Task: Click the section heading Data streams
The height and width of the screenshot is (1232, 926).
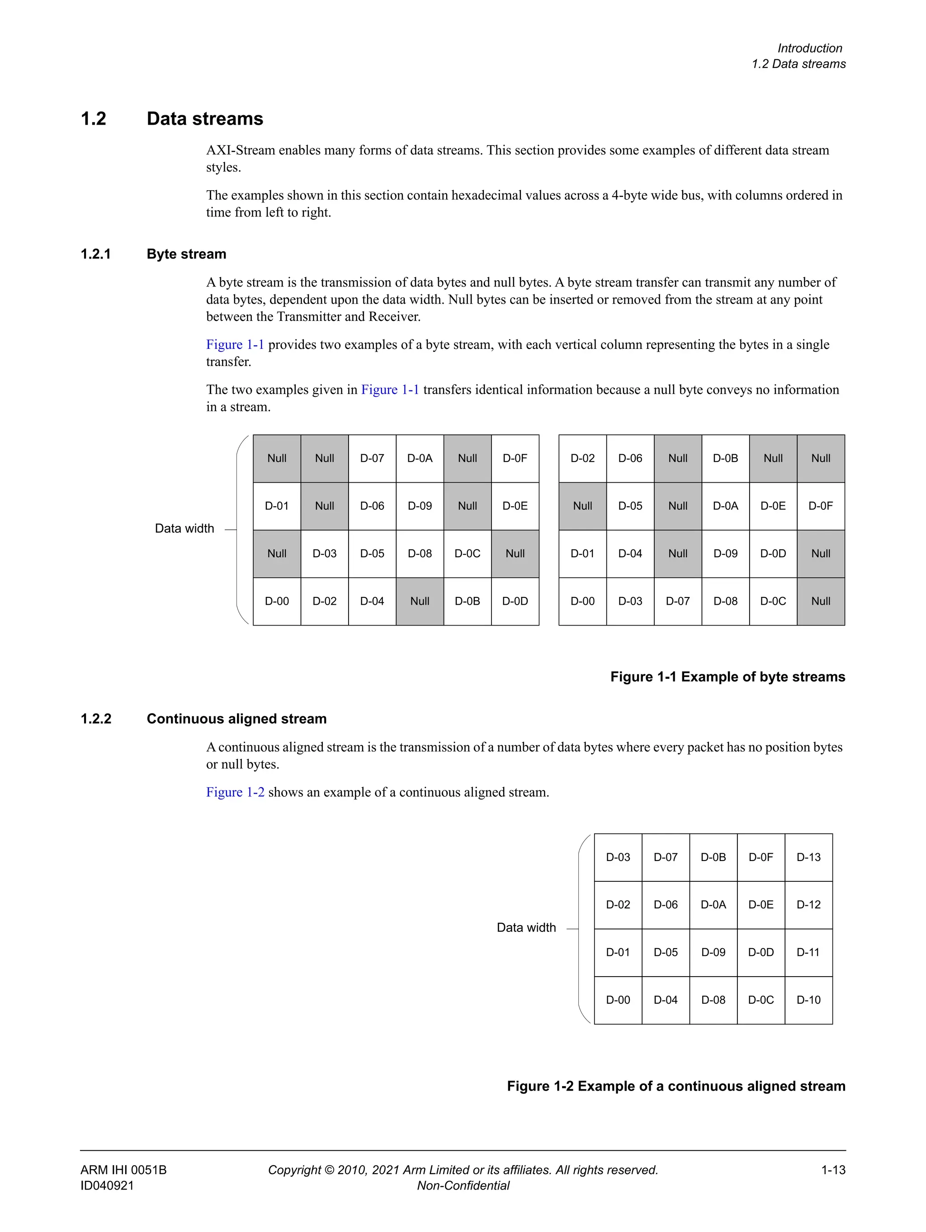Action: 204,118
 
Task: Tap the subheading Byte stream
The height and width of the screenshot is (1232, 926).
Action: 186,254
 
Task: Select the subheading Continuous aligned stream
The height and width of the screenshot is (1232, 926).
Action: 236,719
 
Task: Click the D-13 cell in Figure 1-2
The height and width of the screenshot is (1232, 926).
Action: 808,857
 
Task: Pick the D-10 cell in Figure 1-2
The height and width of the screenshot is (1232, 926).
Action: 808,1000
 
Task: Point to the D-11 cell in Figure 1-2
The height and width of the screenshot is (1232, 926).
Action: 808,952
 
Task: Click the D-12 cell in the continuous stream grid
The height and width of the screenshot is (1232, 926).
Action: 808,904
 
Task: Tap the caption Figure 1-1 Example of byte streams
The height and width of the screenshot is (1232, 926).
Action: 727,677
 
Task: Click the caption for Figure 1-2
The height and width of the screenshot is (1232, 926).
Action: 676,1086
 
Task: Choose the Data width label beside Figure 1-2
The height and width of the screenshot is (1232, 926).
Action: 526,927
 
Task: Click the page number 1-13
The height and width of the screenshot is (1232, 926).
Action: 833,1170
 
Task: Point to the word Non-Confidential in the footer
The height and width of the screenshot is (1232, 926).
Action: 463,1185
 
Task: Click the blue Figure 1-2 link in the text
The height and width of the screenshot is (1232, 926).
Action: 235,792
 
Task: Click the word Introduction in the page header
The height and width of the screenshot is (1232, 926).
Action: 809,48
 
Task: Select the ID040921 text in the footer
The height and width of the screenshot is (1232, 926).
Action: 107,1185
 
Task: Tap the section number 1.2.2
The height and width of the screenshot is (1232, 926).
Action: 96,719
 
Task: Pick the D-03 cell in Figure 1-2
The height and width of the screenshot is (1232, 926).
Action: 618,857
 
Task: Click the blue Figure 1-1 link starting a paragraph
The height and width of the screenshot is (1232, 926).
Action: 235,345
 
